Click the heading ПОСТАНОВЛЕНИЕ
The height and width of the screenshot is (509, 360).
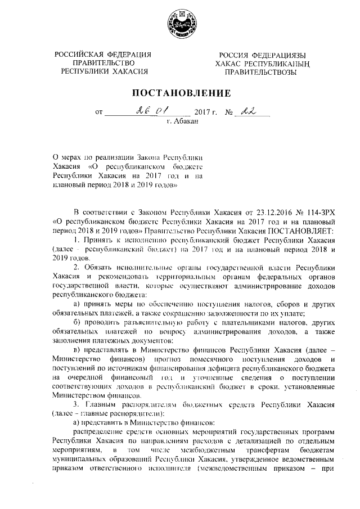(181, 92)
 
